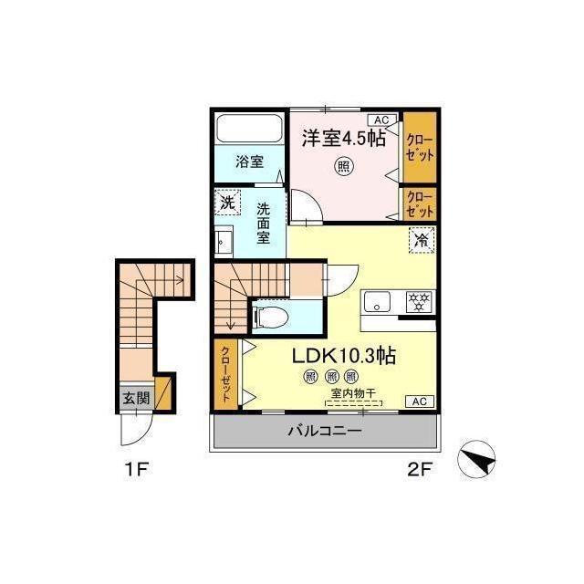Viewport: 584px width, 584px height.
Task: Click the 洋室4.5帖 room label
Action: tap(343, 138)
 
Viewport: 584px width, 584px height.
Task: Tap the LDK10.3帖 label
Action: tap(343, 356)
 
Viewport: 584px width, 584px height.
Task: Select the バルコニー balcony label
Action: tap(325, 432)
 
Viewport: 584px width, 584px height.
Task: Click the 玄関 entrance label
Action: tap(136, 399)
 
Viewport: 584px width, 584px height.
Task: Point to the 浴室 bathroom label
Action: tap(249, 162)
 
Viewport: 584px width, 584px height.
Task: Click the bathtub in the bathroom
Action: tap(249, 128)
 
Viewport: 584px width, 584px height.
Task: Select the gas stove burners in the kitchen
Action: tap(420, 301)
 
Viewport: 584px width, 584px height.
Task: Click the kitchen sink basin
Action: tap(377, 301)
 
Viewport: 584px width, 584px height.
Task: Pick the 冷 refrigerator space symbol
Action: tap(422, 241)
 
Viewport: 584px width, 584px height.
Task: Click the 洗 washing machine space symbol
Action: tap(227, 203)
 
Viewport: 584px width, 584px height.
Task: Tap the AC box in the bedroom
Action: tap(381, 120)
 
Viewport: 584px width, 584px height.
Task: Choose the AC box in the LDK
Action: tap(420, 401)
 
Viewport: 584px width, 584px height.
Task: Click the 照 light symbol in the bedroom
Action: tap(343, 166)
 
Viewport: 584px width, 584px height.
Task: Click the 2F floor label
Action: tap(419, 470)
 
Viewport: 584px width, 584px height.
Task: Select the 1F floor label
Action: tap(137, 469)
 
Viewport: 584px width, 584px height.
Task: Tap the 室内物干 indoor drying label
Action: tap(353, 392)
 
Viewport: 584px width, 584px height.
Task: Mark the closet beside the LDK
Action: tap(226, 374)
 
